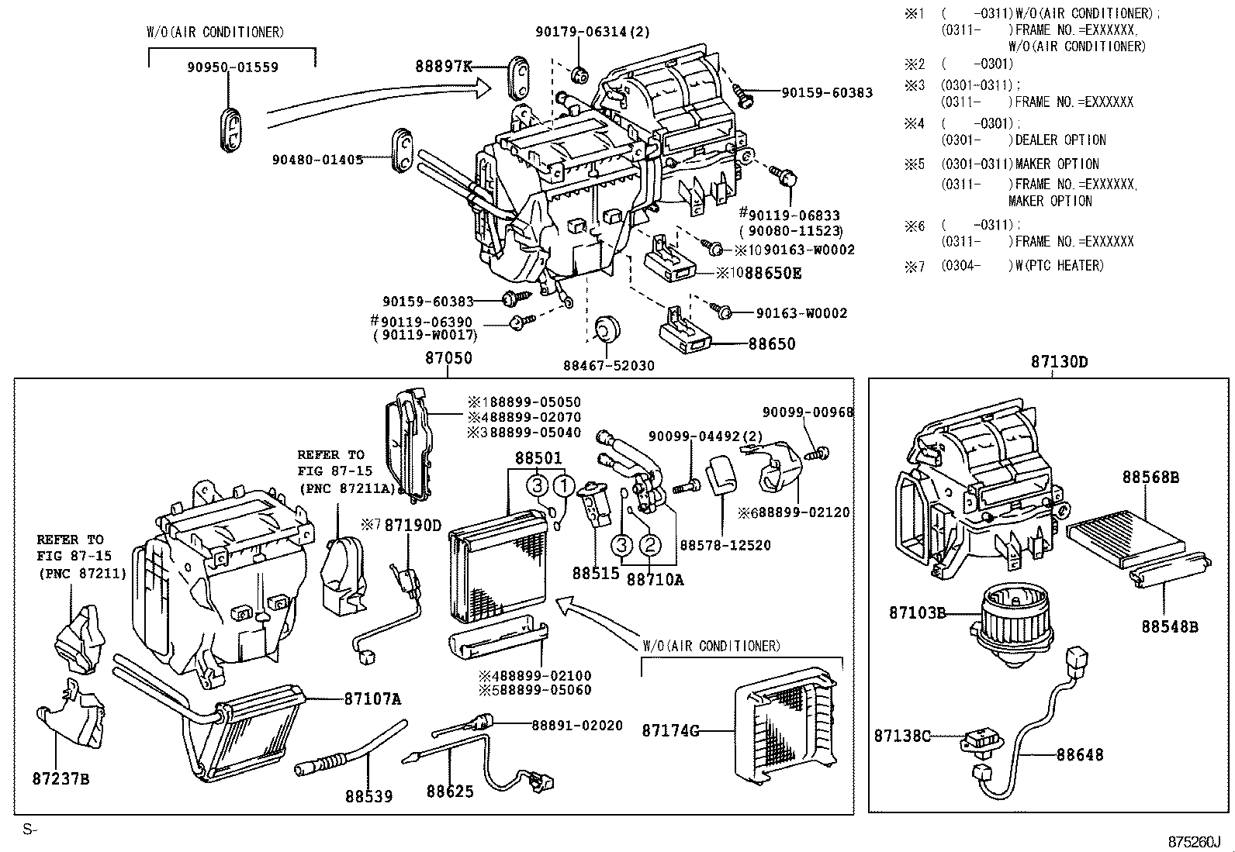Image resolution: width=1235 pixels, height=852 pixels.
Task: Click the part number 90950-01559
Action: click(232, 67)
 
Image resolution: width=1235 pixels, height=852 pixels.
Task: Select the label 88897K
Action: click(444, 67)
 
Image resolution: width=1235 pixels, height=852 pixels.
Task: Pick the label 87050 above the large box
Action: click(448, 359)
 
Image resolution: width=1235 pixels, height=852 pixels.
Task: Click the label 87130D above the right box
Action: click(1059, 361)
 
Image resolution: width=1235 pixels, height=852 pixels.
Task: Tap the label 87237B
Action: click(61, 778)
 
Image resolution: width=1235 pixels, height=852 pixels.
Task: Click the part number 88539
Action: click(368, 796)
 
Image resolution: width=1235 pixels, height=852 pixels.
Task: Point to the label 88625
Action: click(449, 792)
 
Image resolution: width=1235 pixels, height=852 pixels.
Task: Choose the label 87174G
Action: click(670, 730)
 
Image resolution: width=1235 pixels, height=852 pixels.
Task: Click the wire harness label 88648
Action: click(1080, 754)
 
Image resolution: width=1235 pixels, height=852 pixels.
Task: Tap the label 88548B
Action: click(1169, 626)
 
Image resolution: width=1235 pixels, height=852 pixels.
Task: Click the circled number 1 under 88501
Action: click(564, 487)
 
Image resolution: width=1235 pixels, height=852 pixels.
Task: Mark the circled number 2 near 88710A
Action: click(650, 545)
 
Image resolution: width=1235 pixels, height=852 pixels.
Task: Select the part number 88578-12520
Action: click(725, 545)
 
